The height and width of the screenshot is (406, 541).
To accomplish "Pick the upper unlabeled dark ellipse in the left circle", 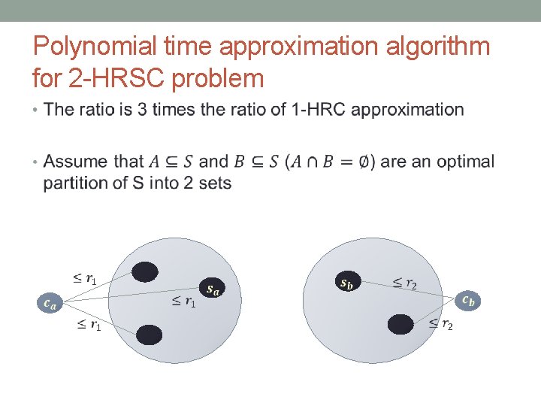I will coord(145,272).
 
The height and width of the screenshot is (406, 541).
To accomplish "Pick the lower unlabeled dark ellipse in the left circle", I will coord(150,335).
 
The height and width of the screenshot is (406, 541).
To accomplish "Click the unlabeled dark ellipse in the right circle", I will coord(400,324).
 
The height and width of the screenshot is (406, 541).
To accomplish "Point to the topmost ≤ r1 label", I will coord(84,279).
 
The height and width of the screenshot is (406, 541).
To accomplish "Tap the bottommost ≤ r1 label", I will coord(89,325).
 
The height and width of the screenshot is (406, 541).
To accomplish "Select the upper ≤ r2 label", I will coord(405,283).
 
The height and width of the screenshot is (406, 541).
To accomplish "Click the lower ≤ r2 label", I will coord(440,324).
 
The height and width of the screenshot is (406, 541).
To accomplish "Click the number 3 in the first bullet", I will coord(142,110).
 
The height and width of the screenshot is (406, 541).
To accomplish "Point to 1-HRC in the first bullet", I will coord(313,110).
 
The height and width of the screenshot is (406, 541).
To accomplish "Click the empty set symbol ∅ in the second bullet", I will coord(364,162).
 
